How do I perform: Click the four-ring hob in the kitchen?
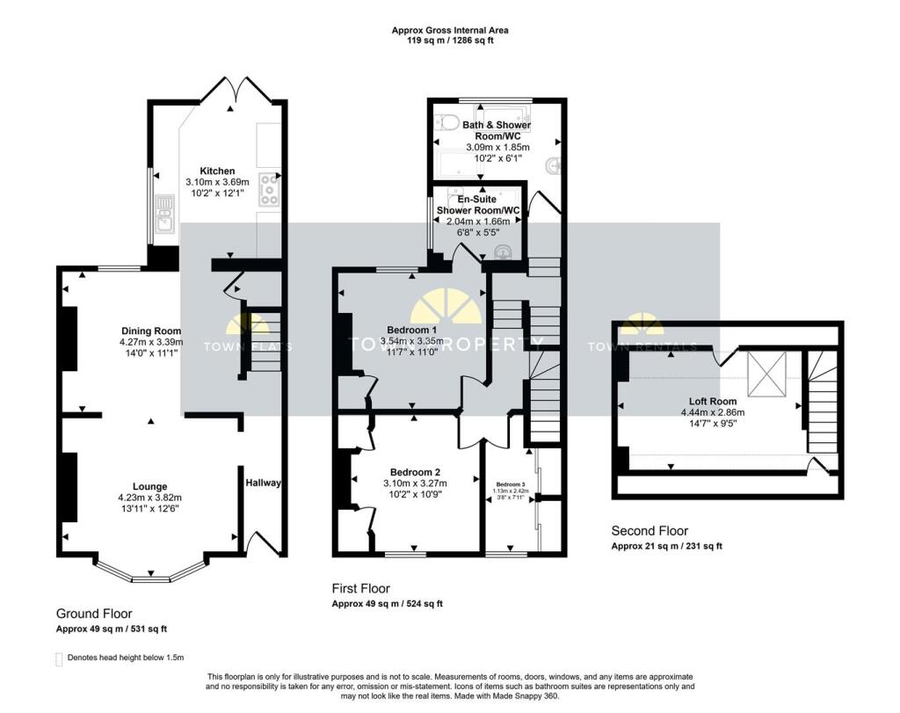[x=269, y=189]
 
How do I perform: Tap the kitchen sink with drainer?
[x=163, y=215]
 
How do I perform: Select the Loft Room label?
[x=712, y=401]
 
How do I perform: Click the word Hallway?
[x=264, y=483]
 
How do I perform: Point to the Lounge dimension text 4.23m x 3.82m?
[x=150, y=498]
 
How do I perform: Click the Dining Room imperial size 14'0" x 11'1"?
[x=149, y=353]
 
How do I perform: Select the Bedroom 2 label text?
[x=415, y=472]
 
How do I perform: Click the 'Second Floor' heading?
[x=650, y=531]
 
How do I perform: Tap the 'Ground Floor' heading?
[x=94, y=614]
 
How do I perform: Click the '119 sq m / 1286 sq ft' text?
[x=449, y=40]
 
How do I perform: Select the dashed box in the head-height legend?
[x=60, y=658]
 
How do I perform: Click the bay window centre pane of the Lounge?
[x=150, y=578]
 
